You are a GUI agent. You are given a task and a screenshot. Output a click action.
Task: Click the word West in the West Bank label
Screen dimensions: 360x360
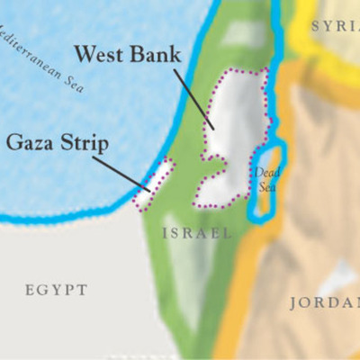coord(98,55)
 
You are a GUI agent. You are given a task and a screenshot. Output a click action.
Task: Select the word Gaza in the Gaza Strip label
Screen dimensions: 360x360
coord(31,141)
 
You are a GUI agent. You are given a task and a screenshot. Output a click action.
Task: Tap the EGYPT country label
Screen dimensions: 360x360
coord(56,290)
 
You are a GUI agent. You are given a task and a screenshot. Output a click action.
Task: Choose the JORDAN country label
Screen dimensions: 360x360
coord(323,302)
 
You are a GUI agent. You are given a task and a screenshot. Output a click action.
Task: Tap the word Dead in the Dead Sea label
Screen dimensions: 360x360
coord(263,171)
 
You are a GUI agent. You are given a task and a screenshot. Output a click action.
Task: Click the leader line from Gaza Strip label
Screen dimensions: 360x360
coord(121,174)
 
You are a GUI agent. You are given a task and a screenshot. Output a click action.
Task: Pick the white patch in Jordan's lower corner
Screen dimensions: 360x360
coord(342,274)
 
